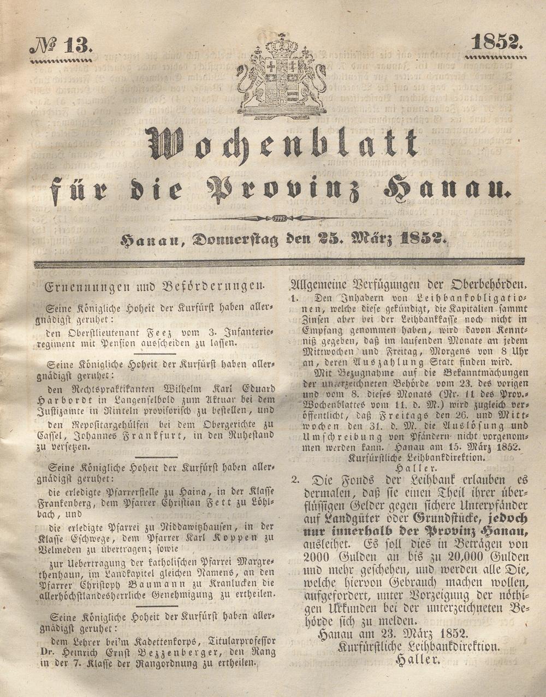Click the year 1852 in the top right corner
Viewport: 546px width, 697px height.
click(x=496, y=42)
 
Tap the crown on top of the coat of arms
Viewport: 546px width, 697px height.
click(x=282, y=44)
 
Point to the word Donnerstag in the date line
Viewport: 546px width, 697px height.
click(x=235, y=239)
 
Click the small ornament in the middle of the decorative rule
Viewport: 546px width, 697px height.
click(x=279, y=218)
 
